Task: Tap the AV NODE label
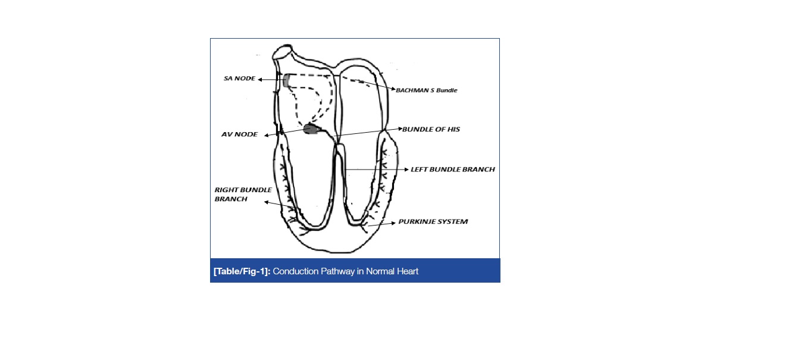[x=239, y=134]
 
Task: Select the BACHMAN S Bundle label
[x=427, y=90]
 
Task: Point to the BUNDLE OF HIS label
[x=431, y=129]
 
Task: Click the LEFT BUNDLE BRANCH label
[x=453, y=170]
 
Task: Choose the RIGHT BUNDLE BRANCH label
[x=242, y=194]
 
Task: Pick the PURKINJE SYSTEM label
[x=433, y=221]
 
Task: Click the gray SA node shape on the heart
[x=286, y=80]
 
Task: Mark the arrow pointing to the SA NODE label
[x=271, y=79]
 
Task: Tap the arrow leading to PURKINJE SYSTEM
[x=381, y=224]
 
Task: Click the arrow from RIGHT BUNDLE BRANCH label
[x=280, y=205]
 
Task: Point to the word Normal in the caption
[x=379, y=271]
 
